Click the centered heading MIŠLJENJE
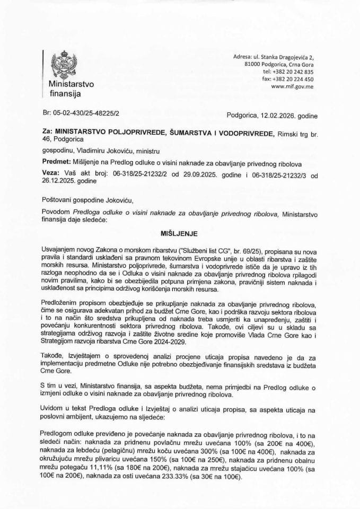pos(179,217)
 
